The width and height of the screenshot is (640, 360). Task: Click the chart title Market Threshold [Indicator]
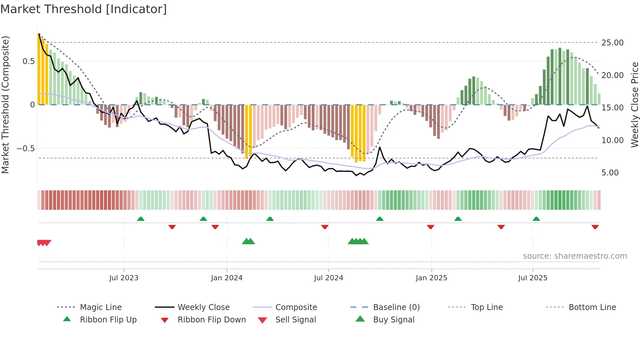pyautogui.click(x=84, y=9)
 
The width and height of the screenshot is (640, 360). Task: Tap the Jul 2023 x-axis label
pyautogui.click(x=124, y=278)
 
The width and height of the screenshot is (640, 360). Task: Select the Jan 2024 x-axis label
pyautogui.click(x=227, y=278)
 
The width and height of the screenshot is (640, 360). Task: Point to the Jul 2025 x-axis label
pyautogui.click(x=533, y=278)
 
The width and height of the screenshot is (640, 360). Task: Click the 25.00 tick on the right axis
pyautogui.click(x=612, y=43)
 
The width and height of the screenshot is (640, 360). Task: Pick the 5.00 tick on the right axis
pyautogui.click(x=610, y=173)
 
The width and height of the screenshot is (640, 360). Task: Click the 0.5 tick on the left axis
pyautogui.click(x=29, y=61)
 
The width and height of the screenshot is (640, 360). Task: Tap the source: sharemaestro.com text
pyautogui.click(x=575, y=256)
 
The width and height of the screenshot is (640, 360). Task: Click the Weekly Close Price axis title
pyautogui.click(x=634, y=105)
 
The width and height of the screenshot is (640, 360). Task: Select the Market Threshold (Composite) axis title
pyautogui.click(x=5, y=105)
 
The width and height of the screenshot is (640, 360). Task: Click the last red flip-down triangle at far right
pyautogui.click(x=595, y=227)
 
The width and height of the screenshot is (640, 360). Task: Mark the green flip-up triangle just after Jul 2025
pyautogui.click(x=536, y=219)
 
